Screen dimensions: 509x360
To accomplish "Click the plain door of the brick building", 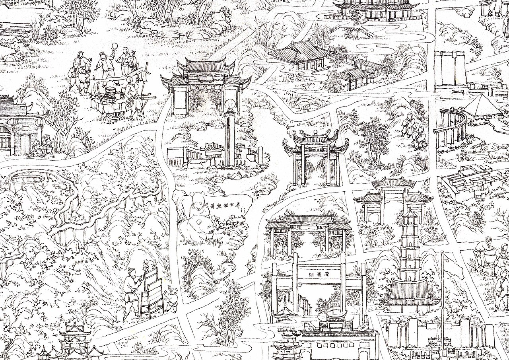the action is tap(25, 143).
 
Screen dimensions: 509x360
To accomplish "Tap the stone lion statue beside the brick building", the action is tap(47, 141).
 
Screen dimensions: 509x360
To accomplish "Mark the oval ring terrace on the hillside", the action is tap(27, 177).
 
